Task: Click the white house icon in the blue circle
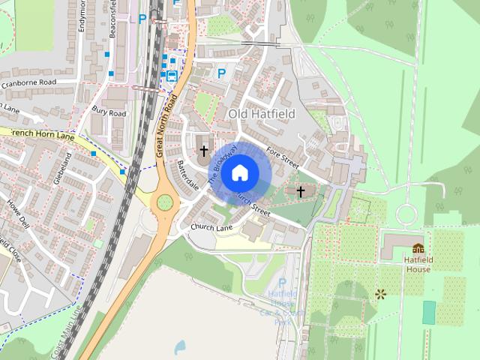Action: pos(240,173)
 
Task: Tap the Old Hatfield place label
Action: pos(262,113)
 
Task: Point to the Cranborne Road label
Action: pos(29,82)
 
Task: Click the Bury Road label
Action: pos(109,112)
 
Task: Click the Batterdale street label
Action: pos(188,173)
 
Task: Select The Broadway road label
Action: pos(223,164)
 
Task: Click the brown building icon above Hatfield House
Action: pos(418,248)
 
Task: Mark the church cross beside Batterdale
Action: pos(203,150)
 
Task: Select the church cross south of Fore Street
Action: pos(301,191)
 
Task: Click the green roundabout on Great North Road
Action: pos(164,202)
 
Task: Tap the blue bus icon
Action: pos(172,75)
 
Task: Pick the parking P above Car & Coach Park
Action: pos(282,283)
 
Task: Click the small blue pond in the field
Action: pos(179,346)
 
